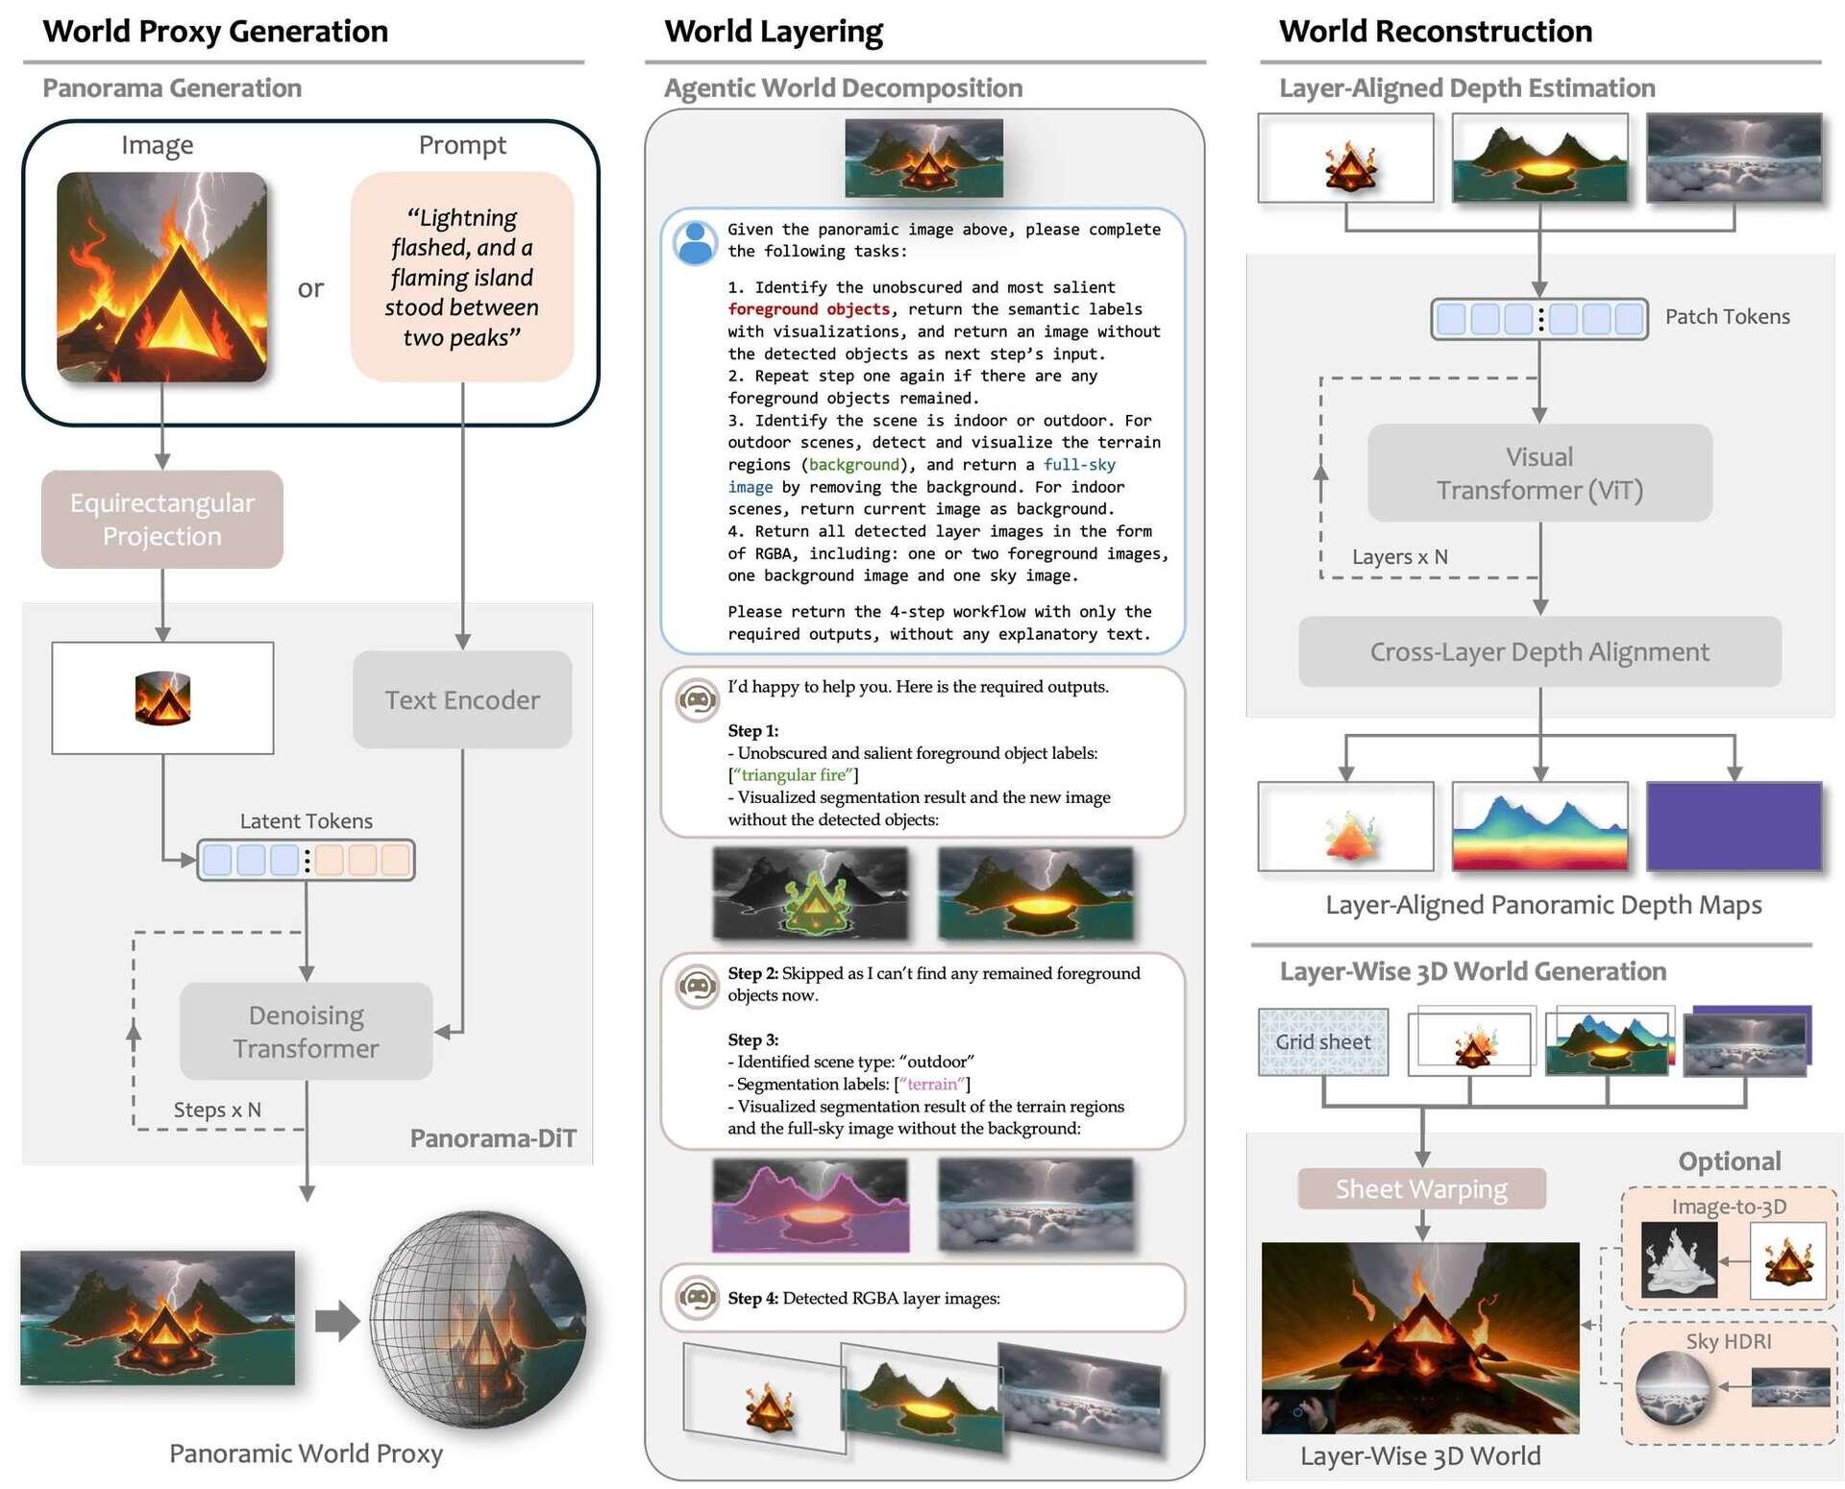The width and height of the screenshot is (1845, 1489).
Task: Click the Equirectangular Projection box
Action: coord(162,520)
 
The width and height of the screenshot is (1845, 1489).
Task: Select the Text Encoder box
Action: coord(462,699)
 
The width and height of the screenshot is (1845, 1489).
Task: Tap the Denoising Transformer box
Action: coord(307,1031)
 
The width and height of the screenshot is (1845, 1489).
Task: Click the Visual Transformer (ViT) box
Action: coord(1539,473)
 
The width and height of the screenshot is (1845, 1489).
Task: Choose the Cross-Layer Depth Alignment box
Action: coord(1539,651)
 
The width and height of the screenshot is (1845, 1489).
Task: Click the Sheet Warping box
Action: coord(1421,1188)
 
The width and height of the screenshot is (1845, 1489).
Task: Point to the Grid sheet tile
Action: coord(1323,1041)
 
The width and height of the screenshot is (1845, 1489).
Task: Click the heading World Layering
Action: coord(774,31)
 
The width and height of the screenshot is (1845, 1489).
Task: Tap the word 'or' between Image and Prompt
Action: coord(310,288)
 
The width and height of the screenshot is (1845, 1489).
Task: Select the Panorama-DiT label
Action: coord(493,1138)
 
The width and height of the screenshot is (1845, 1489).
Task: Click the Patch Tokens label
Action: coord(1727,317)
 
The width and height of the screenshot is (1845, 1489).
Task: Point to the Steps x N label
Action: coord(217,1110)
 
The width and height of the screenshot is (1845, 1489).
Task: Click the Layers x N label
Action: coord(1399,557)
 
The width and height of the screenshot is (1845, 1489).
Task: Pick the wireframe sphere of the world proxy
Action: coord(479,1318)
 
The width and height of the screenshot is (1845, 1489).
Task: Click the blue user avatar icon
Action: coord(696,243)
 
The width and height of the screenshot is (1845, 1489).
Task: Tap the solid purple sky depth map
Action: coord(1734,826)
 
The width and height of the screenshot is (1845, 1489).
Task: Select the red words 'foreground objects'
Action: coord(809,309)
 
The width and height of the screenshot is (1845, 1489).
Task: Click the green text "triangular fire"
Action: coord(793,775)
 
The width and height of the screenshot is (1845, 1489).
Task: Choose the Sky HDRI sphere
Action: coord(1673,1387)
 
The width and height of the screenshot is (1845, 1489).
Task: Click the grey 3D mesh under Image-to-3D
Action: coord(1679,1259)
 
